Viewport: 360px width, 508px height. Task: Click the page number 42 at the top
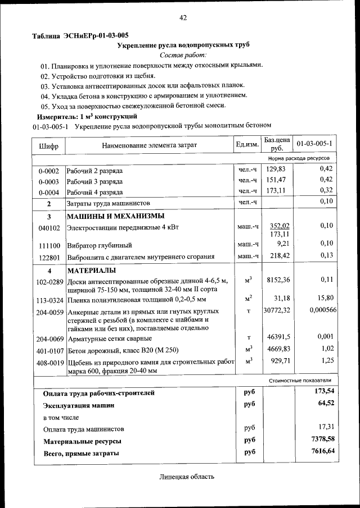[183, 18]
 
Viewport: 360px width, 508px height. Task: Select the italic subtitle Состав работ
[183, 54]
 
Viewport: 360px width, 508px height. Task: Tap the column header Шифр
[49, 145]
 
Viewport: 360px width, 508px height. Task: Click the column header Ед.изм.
[247, 145]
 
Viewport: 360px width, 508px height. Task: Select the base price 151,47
[276, 180]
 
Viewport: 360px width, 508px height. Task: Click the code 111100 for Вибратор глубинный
[49, 245]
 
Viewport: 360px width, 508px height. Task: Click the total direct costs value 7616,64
[322, 451]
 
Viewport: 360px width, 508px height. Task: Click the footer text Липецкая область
[186, 477]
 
